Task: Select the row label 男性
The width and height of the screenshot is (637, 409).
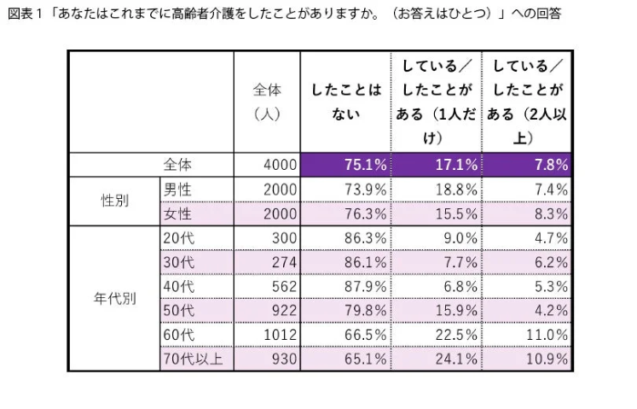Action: point(177,189)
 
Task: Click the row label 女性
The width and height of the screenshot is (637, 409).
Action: point(177,214)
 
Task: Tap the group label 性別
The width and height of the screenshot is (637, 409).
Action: point(115,201)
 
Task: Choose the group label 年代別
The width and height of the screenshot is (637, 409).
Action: point(115,298)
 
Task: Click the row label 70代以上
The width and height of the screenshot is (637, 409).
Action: point(191,359)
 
